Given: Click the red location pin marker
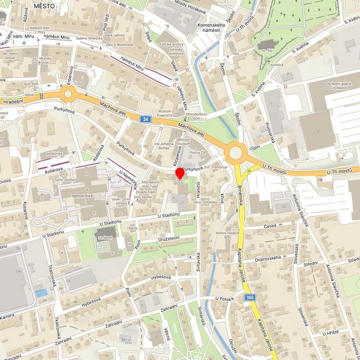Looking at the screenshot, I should coord(180,174).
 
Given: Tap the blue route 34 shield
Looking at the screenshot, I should coord(145,119).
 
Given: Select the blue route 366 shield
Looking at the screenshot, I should coord(250,298).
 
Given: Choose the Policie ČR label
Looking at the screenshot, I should coord(197,152).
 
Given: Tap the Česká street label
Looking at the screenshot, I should coord(270,225).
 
